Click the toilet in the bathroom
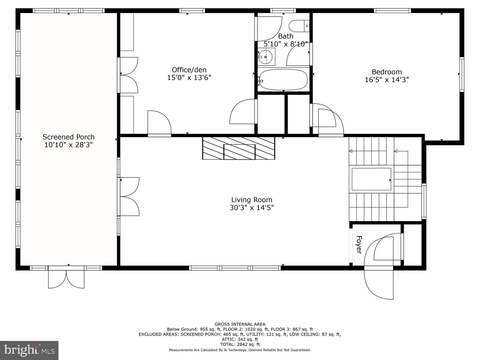[298, 26]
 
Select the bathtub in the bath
[283, 79]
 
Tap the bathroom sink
[266, 57]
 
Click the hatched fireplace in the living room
[238, 148]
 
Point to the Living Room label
[252, 200]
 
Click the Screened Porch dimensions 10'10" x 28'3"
[68, 145]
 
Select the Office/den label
[189, 70]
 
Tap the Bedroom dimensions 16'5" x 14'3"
[387, 80]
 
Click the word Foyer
[359, 245]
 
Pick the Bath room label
[286, 36]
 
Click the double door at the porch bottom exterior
[66, 278]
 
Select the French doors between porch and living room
[129, 197]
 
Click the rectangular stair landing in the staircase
[371, 179]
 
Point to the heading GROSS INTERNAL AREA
[240, 324]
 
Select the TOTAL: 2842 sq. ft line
[240, 344]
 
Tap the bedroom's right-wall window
[462, 74]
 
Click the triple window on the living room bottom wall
[235, 268]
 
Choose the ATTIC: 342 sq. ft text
[240, 339]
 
